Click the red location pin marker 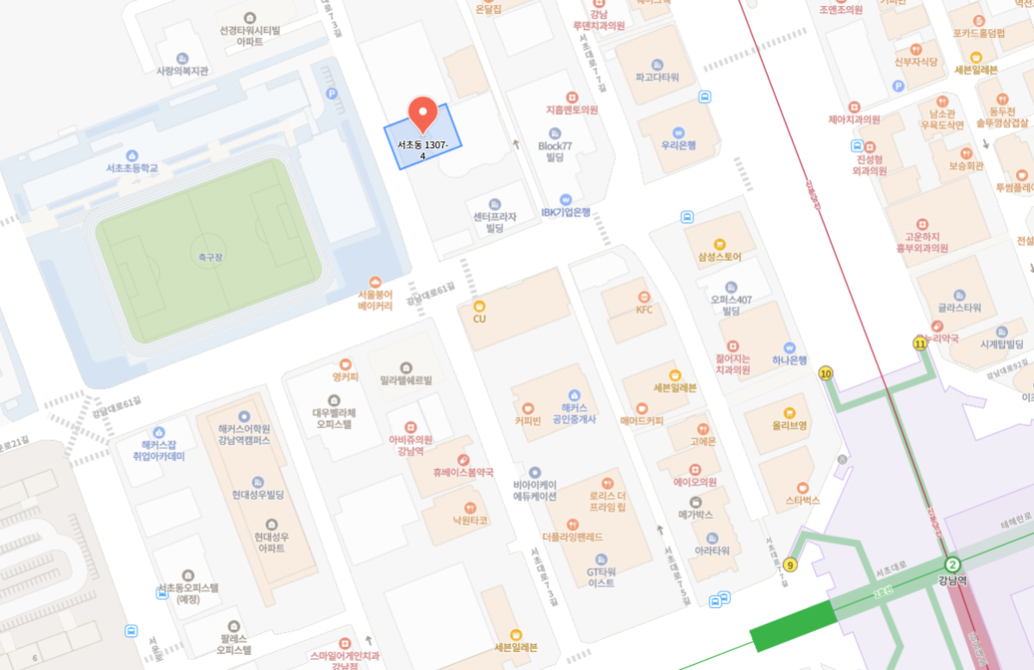[421, 114]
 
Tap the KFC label [645, 309]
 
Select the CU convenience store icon [480, 306]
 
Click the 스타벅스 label [802, 500]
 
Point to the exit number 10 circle [826, 374]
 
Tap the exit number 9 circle [791, 566]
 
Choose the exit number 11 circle [920, 344]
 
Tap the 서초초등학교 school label [127, 168]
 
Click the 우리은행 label [678, 146]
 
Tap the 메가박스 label [695, 515]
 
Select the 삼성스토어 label [719, 257]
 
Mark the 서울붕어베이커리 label [375, 299]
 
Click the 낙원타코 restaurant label [470, 520]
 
